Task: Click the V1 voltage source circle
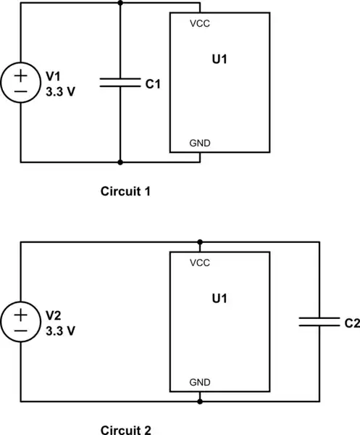[x=21, y=83]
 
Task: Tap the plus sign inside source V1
[x=21, y=74]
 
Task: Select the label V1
[x=54, y=75]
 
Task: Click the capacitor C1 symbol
[x=120, y=83]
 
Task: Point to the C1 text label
[x=152, y=84]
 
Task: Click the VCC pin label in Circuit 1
[x=200, y=23]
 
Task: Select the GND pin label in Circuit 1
[x=200, y=143]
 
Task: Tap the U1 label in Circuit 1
[x=219, y=59]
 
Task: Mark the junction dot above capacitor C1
[x=120, y=3]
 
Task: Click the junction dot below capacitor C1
[x=120, y=162]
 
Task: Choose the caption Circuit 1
[x=126, y=192]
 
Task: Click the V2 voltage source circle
[x=21, y=322]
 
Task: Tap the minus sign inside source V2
[x=21, y=331]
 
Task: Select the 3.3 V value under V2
[x=60, y=330]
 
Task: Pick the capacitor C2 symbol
[x=319, y=322]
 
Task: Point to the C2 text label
[x=351, y=323]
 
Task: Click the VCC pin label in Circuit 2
[x=200, y=262]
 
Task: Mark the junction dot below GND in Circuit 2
[x=200, y=401]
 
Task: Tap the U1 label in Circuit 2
[x=219, y=299]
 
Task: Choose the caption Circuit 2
[x=126, y=430]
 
